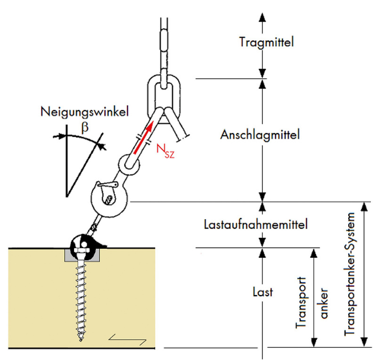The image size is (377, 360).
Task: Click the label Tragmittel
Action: [x=266, y=42]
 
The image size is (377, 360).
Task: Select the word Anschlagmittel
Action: [x=260, y=135]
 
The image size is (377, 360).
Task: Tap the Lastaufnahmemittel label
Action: [x=256, y=224]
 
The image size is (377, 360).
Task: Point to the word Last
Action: [x=263, y=292]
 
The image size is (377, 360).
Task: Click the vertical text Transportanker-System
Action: [x=350, y=274]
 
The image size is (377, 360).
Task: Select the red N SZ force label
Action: [x=165, y=151]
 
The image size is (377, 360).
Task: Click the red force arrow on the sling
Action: [x=143, y=137]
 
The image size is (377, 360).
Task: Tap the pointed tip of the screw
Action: [x=81, y=341]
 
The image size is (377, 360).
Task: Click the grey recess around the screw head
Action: [x=82, y=256]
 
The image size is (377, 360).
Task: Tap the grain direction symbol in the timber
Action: [x=127, y=340]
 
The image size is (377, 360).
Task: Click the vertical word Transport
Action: [x=301, y=303]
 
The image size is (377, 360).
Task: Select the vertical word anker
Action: [x=324, y=303]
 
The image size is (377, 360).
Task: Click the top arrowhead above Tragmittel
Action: [x=262, y=17]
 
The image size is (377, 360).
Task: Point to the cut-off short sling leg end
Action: [x=183, y=138]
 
